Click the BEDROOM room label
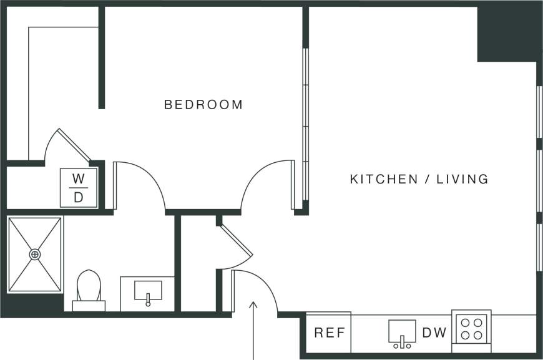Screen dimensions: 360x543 [x=203, y=105]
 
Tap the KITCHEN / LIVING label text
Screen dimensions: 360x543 [x=419, y=180]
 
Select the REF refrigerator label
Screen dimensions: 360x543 [x=330, y=333]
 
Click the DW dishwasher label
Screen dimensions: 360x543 [x=434, y=333]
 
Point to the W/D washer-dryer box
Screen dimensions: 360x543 [x=78, y=188]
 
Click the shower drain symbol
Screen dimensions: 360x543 [x=35, y=254]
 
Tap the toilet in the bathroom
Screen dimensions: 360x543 [x=88, y=289]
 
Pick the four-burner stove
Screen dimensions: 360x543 [x=471, y=329]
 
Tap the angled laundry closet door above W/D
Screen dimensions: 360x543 [x=74, y=145]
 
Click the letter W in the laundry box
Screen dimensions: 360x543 [x=78, y=179]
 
